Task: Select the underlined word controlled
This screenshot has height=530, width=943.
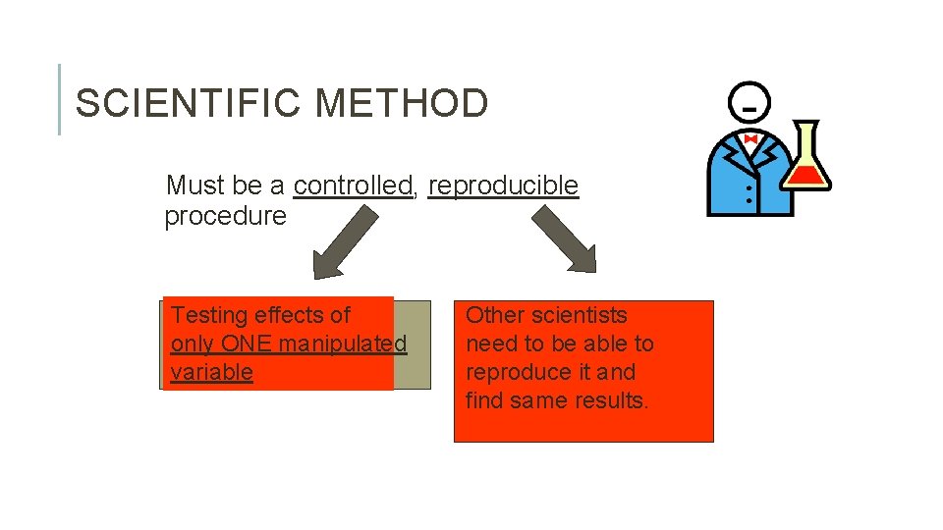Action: [x=353, y=185]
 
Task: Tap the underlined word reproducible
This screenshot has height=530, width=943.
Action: [x=503, y=185]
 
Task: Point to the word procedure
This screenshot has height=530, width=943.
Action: [x=225, y=216]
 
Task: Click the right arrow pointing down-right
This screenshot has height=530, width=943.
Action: [x=565, y=240]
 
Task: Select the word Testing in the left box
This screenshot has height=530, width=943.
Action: [x=208, y=315]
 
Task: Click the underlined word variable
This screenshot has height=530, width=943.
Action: [x=211, y=373]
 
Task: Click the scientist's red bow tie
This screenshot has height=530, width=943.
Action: [x=750, y=140]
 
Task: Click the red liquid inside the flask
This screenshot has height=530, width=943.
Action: [x=808, y=177]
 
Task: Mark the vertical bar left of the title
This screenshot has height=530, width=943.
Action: [x=59, y=99]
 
